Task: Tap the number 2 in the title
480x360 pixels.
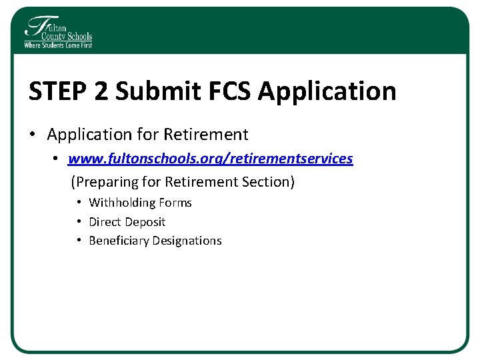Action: coord(101,91)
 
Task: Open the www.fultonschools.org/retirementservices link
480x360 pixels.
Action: coord(210,159)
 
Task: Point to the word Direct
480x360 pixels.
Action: coord(105,222)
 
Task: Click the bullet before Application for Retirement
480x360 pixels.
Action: coord(33,135)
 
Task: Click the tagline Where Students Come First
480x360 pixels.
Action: coord(58,45)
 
